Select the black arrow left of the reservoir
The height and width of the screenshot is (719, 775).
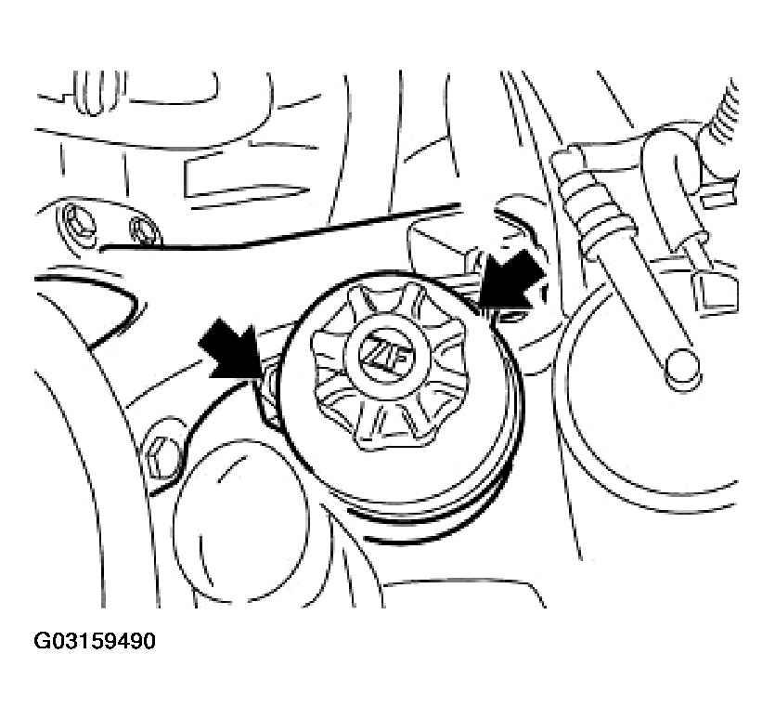coord(232,349)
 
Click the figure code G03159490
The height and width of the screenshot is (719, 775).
coord(95,641)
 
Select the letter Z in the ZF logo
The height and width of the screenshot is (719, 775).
coord(377,352)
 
